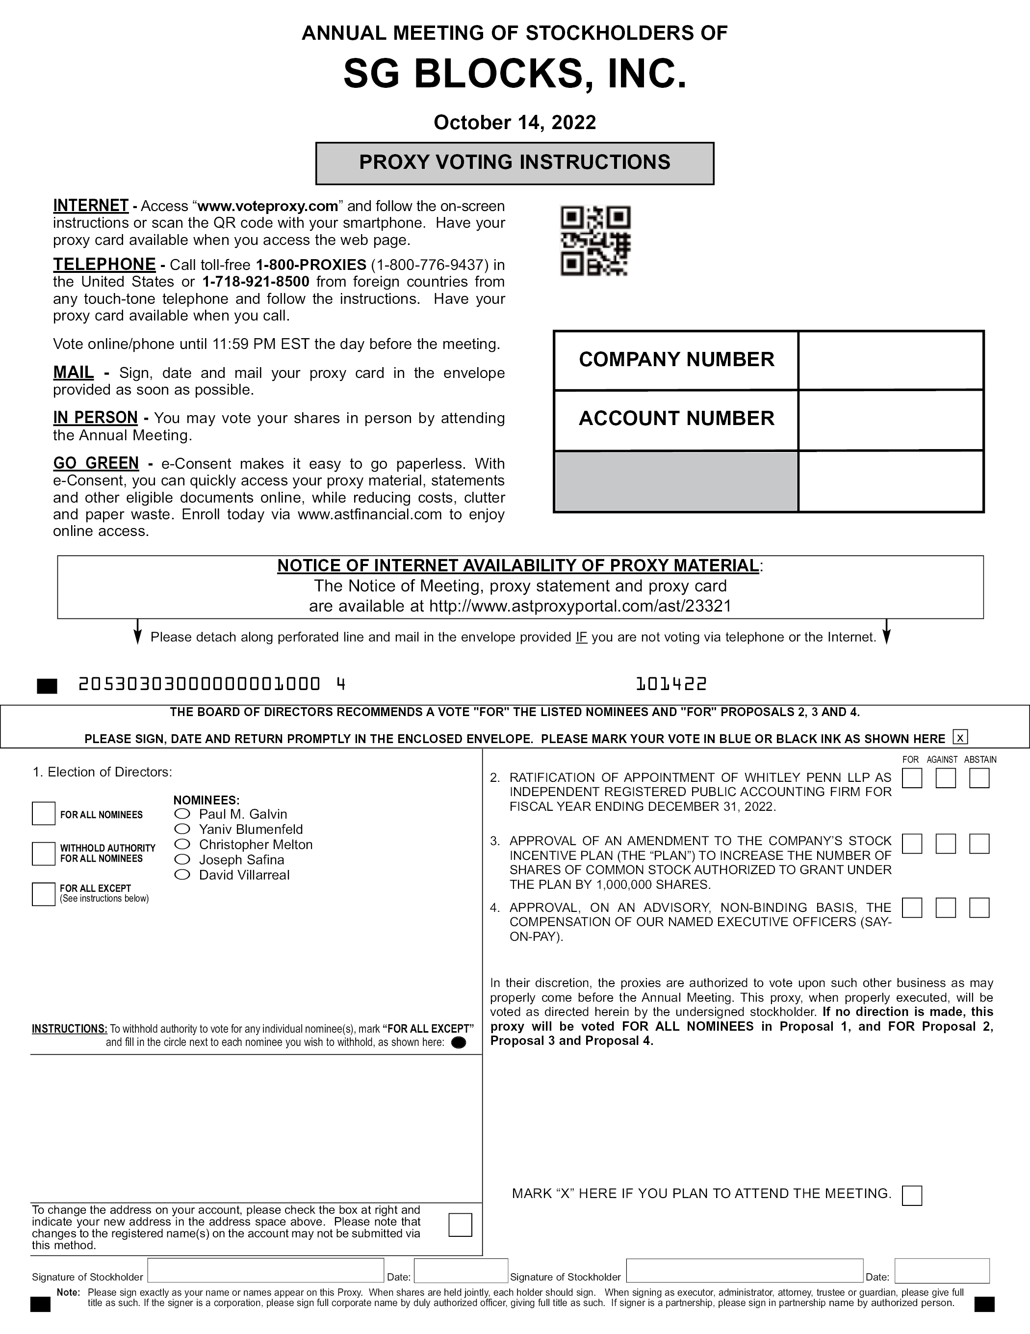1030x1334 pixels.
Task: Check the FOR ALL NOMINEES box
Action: (x=43, y=814)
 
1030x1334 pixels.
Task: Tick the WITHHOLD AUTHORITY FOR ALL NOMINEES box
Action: (x=43, y=854)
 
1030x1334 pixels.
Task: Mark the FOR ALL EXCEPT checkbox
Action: (x=43, y=894)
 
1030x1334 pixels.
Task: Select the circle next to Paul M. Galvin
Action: (x=182, y=814)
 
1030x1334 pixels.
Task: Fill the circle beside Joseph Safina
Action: (x=182, y=859)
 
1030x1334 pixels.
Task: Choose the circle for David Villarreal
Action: (x=182, y=875)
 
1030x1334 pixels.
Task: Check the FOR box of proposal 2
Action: (x=912, y=778)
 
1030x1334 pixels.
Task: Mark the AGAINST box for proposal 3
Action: (x=945, y=844)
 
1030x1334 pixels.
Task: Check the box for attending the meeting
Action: (x=912, y=1195)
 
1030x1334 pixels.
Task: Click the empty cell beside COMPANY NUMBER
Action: (x=890, y=360)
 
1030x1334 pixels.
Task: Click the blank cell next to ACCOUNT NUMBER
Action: (x=890, y=420)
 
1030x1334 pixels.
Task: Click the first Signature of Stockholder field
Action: (x=265, y=1271)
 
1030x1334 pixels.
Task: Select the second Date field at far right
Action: (x=942, y=1271)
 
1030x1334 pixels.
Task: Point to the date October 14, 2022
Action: (x=515, y=123)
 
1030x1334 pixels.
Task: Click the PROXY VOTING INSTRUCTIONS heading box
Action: (x=515, y=163)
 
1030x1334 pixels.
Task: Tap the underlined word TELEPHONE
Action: (x=104, y=265)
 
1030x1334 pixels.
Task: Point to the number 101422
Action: (x=671, y=684)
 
